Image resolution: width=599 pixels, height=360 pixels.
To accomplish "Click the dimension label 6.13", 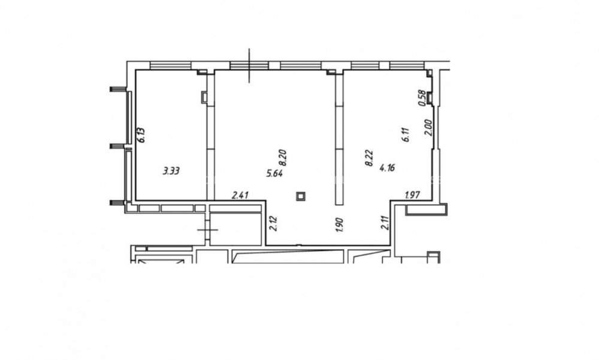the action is pos(142,135).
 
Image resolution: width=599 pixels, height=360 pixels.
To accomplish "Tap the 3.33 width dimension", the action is pos(171,171).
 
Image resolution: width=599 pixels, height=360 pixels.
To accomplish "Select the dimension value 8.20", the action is pos(283,158).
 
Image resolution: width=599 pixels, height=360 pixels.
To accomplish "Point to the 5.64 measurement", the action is pos(274,174).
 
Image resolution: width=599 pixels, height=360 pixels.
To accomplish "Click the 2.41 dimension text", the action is pos(240,195).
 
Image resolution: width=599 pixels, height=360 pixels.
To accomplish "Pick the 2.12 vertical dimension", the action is pos(273,223).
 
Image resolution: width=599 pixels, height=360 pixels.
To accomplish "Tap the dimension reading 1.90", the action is pos(339,225).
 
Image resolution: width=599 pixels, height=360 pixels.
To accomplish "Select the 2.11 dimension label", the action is pos(385,222).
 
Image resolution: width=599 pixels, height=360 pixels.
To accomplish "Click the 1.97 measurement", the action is pos(413,195).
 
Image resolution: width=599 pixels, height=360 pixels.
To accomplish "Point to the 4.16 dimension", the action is pos(387,167).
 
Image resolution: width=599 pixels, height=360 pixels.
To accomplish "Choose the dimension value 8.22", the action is pos(369,158).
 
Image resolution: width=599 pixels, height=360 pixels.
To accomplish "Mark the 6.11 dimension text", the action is pos(406,135).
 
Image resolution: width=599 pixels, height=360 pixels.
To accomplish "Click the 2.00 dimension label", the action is pos(428,128).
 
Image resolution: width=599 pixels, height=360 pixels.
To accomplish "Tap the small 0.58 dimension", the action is pos(422,98).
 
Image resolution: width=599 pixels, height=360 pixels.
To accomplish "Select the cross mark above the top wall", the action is pos(249,65).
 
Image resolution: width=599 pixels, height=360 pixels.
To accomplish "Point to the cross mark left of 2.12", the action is pos(208,229).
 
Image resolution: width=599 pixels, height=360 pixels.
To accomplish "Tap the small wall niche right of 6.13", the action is pos(204,97).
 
